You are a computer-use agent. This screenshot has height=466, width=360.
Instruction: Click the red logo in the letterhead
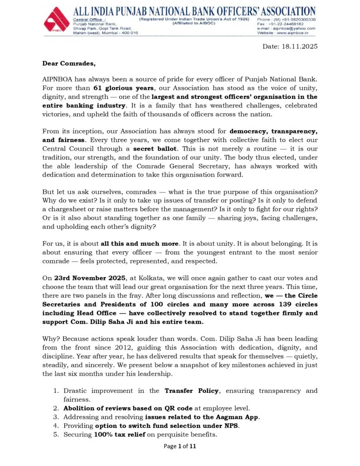(56, 20)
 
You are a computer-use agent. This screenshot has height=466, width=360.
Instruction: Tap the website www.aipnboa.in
(294, 33)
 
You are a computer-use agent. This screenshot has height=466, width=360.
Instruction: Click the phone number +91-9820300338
(296, 20)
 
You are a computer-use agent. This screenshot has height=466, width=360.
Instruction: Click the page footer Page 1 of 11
(179, 446)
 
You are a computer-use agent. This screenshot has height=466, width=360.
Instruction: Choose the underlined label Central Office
(88, 20)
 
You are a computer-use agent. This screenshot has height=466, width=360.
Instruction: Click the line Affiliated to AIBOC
(194, 23)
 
